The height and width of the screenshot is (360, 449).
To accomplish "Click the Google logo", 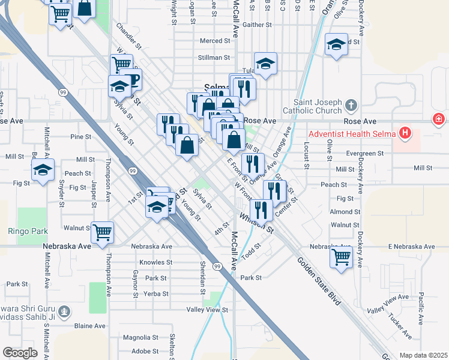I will tap(20, 352).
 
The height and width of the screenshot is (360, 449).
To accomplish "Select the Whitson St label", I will tap(256, 223).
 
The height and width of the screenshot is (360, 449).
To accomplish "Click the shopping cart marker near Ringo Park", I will tap(103, 232).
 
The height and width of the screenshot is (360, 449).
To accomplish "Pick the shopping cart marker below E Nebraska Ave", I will tap(341, 257).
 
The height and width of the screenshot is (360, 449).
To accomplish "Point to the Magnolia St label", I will tap(140, 337).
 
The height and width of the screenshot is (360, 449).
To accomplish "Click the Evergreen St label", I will tap(364, 154).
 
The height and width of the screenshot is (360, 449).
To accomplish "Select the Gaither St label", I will tap(258, 25).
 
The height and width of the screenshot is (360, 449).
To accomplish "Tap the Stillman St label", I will tap(214, 58).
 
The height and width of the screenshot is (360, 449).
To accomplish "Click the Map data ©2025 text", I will tap(424, 355).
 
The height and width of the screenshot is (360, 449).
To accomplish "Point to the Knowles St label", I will tap(155, 262).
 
